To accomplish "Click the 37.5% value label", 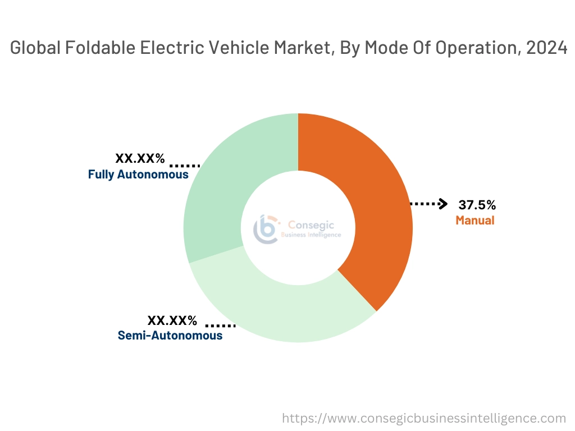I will tap(477, 205).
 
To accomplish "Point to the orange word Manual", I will tap(475, 220).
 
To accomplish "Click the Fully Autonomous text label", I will tap(138, 175).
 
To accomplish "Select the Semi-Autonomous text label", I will tap(170, 336).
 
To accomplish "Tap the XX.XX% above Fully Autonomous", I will tap(140, 158).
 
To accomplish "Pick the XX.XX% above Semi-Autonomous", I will tap(172, 320).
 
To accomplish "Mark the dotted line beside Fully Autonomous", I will tap(185, 166).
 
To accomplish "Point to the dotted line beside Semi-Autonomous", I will tap(220, 325).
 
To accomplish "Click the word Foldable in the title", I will tap(95, 48).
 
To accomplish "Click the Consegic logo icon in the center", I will tap(266, 228).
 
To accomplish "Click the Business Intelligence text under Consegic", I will tap(311, 235).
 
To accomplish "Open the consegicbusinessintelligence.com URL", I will tap(423, 418).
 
